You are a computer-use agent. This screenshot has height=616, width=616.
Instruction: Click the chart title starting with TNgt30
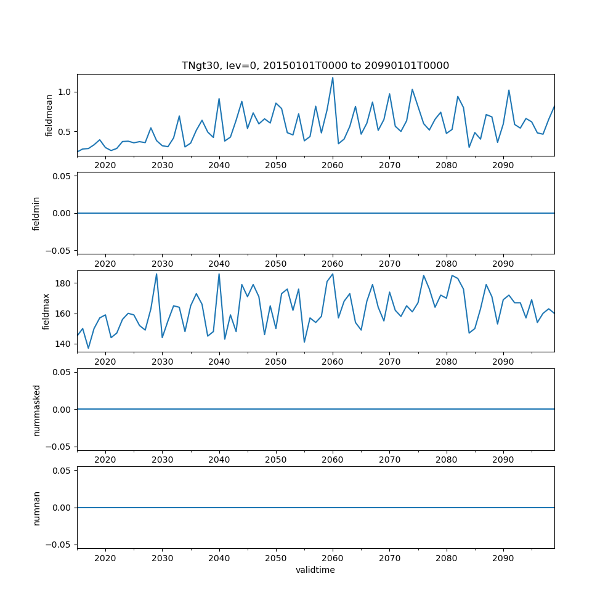[x=315, y=65]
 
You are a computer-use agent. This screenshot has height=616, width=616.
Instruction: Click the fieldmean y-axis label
[x=49, y=115]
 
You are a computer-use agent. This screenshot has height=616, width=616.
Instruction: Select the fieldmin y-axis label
[x=36, y=213]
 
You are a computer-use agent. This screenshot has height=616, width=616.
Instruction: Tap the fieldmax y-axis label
[x=45, y=311]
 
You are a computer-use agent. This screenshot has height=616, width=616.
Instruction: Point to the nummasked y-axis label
[x=36, y=409]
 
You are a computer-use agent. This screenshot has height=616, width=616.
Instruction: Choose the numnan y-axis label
[x=36, y=508]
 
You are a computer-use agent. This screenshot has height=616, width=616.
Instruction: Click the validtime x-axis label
[x=315, y=570]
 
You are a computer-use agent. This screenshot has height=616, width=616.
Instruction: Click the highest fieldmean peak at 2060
[x=333, y=78]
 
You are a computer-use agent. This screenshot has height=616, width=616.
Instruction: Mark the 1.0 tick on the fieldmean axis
[x=65, y=92]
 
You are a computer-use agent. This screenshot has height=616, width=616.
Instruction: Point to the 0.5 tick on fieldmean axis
[x=65, y=132]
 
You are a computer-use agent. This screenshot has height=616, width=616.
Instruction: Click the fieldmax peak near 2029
[x=156, y=274]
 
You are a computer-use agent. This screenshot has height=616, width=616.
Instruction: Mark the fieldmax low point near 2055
[x=304, y=342]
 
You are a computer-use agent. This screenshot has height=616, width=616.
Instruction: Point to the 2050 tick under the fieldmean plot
[x=276, y=165]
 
